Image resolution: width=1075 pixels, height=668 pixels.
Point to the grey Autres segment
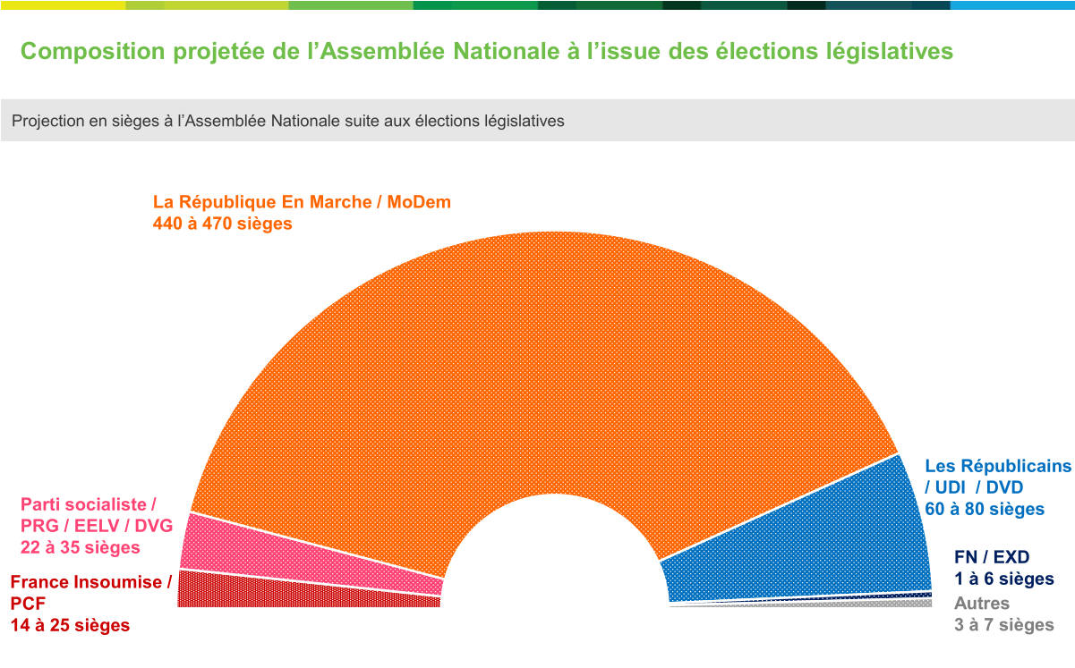point(806,605)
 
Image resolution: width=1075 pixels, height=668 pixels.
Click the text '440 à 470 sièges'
point(223,224)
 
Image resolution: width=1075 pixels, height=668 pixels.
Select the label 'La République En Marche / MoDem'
point(302,202)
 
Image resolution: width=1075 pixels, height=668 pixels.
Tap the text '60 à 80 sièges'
point(984,509)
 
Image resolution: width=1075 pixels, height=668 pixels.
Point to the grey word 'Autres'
point(981,604)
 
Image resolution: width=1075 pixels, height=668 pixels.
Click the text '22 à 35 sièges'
point(80,546)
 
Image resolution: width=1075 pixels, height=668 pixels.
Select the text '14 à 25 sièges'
point(70,625)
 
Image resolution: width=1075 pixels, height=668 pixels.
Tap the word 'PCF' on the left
point(29,604)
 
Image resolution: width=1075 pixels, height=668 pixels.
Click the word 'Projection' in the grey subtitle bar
point(48,121)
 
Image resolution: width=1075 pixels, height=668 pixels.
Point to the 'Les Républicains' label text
point(997,466)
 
